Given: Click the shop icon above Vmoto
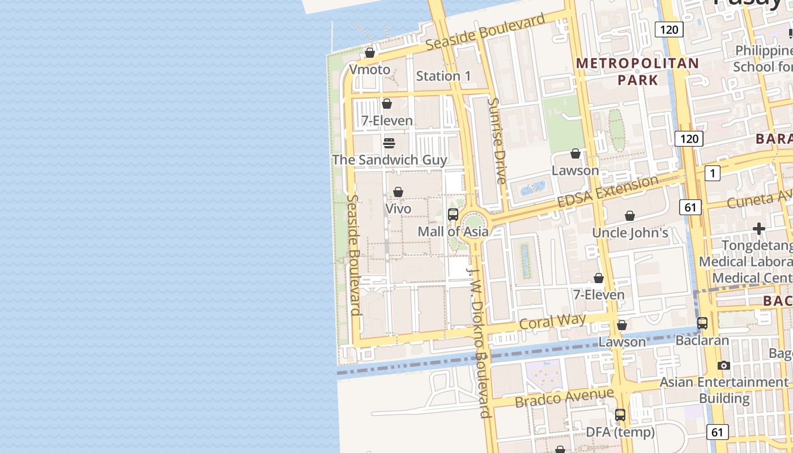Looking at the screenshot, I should (x=370, y=53).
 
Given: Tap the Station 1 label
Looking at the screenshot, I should (x=444, y=76).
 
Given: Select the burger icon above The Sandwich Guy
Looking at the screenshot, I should (x=389, y=143).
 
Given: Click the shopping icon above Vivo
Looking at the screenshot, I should (x=398, y=192).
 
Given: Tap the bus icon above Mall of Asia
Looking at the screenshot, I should (x=453, y=215).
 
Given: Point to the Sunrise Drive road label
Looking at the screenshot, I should (x=497, y=141).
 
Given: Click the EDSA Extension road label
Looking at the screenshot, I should (x=608, y=192).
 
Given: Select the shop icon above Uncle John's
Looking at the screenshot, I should (x=630, y=216).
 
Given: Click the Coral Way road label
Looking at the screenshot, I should (x=552, y=322).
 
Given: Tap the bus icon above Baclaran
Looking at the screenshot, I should (x=702, y=323).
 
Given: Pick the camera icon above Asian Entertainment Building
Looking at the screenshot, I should (x=724, y=365).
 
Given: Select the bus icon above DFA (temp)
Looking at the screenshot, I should (x=620, y=415).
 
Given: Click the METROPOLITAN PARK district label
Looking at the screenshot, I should (x=638, y=71).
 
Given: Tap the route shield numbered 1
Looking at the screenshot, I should (x=713, y=173).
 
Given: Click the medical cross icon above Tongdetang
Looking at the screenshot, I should (x=759, y=229).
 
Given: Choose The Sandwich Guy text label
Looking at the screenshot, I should (x=389, y=160).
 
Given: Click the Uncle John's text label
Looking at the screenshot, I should (x=630, y=233).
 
